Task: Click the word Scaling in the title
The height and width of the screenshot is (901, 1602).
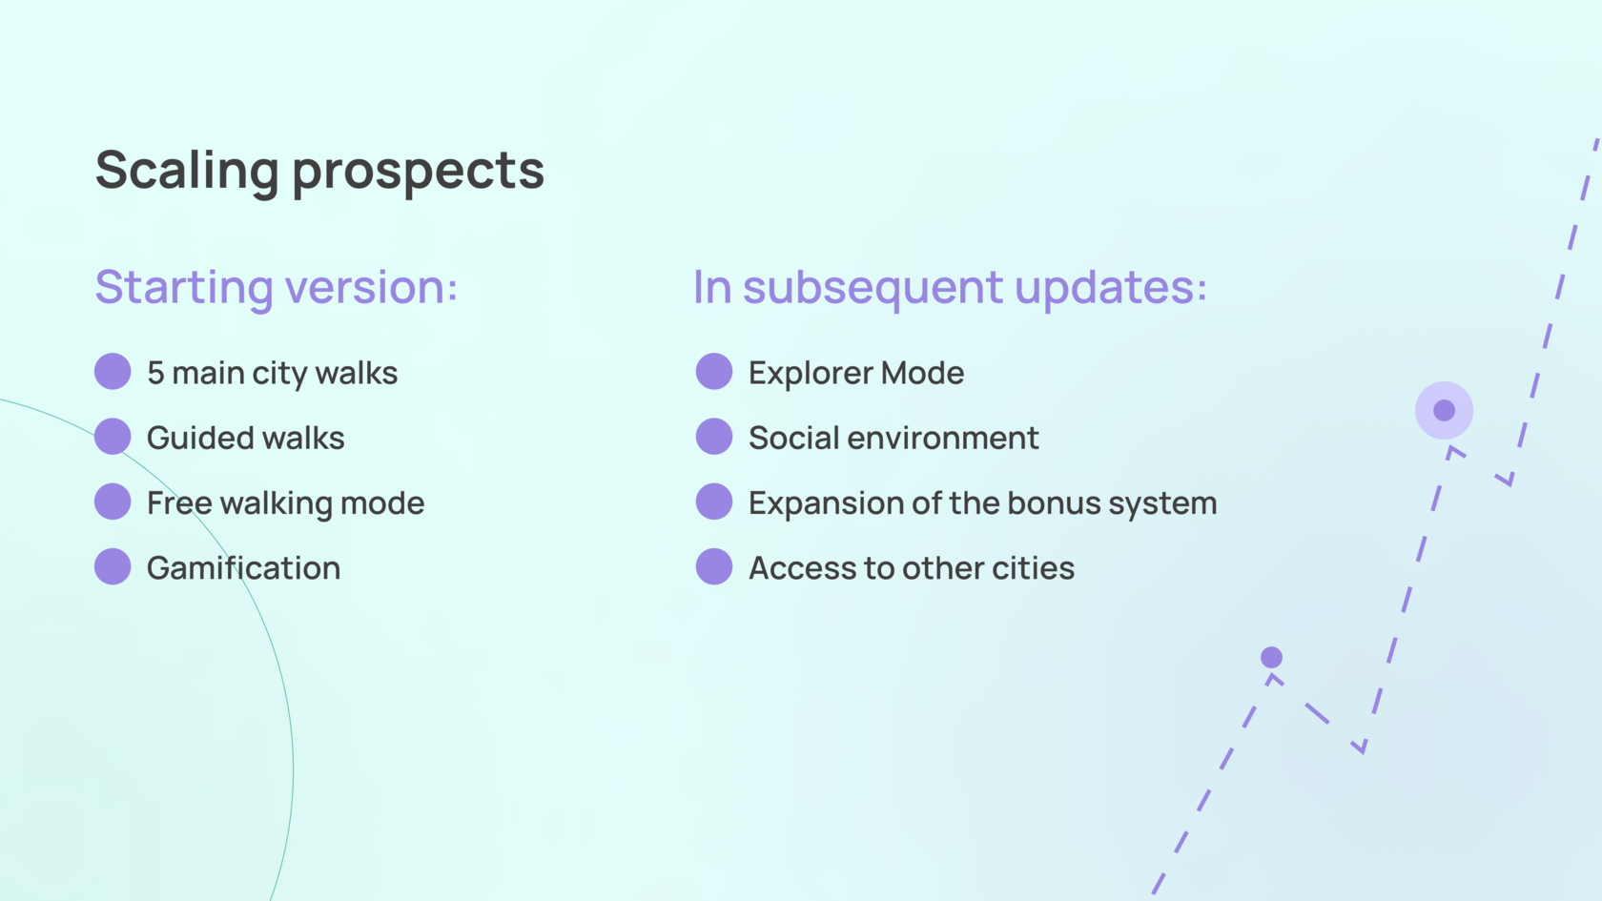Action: (x=187, y=172)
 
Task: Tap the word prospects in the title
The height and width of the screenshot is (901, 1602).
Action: (x=419, y=174)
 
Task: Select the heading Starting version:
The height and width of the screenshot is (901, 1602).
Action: (x=277, y=288)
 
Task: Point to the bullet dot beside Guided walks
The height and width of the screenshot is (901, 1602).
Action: (x=113, y=437)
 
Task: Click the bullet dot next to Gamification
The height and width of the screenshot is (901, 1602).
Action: (x=113, y=566)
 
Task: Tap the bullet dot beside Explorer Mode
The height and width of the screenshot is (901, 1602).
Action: (x=714, y=371)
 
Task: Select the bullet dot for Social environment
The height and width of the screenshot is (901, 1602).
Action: (x=714, y=437)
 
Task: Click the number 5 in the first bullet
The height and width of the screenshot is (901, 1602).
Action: (x=155, y=373)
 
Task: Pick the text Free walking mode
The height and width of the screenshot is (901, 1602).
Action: (x=285, y=503)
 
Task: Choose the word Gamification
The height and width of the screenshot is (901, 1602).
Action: (x=244, y=568)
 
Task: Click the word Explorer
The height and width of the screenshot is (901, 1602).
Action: (x=809, y=374)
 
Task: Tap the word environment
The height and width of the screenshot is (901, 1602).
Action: (x=942, y=439)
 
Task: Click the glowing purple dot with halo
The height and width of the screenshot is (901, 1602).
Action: (x=1444, y=410)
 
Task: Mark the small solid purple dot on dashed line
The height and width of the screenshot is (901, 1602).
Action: (x=1272, y=657)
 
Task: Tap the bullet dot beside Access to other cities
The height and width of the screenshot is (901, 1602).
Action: (x=714, y=566)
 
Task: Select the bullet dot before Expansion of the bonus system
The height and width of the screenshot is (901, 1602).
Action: (x=714, y=502)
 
